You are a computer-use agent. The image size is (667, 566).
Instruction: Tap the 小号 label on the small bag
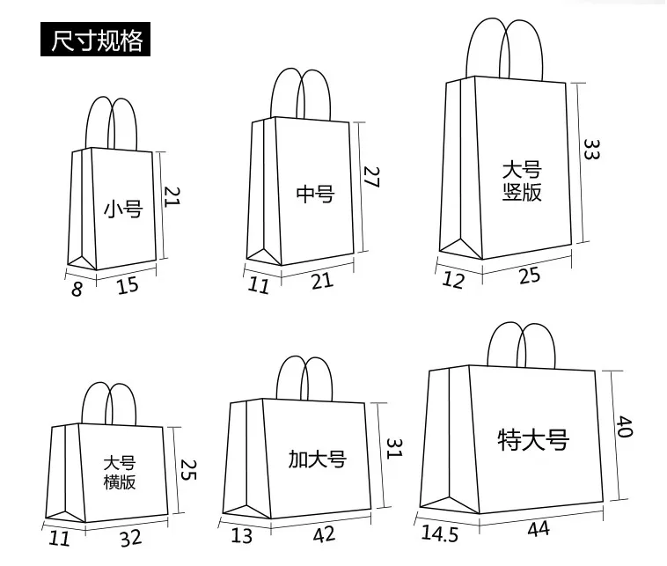122,209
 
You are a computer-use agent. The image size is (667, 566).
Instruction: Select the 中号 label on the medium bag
315,193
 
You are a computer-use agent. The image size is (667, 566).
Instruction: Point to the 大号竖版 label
522,180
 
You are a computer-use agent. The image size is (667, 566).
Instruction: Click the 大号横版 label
120,473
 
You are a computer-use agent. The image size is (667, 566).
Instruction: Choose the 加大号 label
318,459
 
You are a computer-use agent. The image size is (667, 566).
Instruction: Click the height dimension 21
172,195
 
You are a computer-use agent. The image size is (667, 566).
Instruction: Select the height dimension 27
370,179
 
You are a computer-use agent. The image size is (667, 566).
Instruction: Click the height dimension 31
393,448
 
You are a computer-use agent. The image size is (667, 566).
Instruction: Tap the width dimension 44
539,529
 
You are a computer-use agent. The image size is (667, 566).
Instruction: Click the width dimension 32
130,537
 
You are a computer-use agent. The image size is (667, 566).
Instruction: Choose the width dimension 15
128,284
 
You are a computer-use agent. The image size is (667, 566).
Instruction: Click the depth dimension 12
454,281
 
